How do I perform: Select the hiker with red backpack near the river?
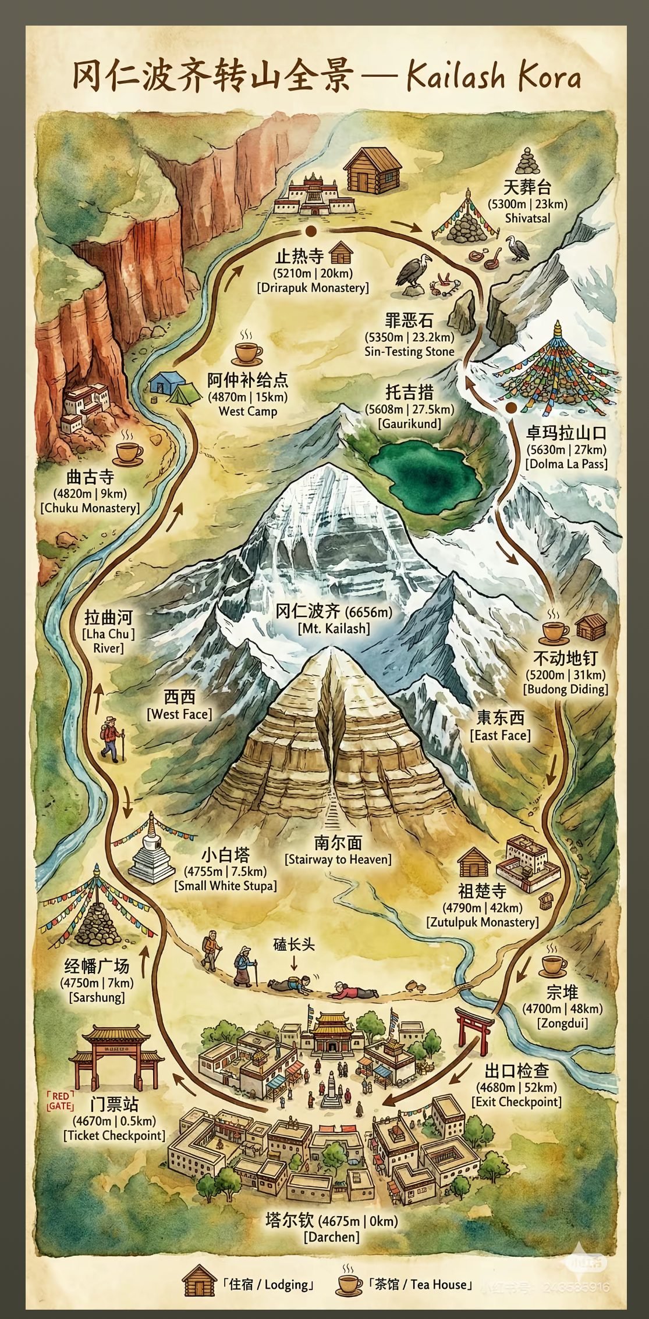(x=112, y=739)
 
